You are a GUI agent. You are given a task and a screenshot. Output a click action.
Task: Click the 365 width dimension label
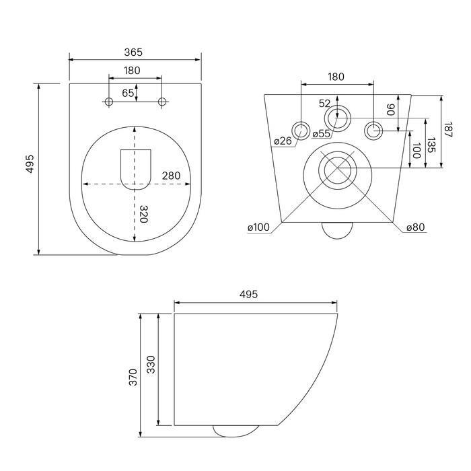[x=133, y=52]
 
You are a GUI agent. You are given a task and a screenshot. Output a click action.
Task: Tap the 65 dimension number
[x=128, y=93]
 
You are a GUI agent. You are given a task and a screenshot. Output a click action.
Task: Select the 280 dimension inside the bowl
[x=171, y=176]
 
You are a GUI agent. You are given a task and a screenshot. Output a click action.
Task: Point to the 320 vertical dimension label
[x=144, y=214]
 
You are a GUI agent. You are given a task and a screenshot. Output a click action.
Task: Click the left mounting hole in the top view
[x=109, y=102]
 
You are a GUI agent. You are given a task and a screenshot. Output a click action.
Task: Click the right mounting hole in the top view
[x=162, y=102]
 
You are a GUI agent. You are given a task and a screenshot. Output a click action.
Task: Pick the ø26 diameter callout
[x=283, y=140]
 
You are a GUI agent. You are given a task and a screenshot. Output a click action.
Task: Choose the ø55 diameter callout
[x=321, y=134]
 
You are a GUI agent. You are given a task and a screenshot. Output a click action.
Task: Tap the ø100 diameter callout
[x=258, y=227]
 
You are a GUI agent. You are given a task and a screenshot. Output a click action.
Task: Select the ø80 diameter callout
[x=416, y=227]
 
